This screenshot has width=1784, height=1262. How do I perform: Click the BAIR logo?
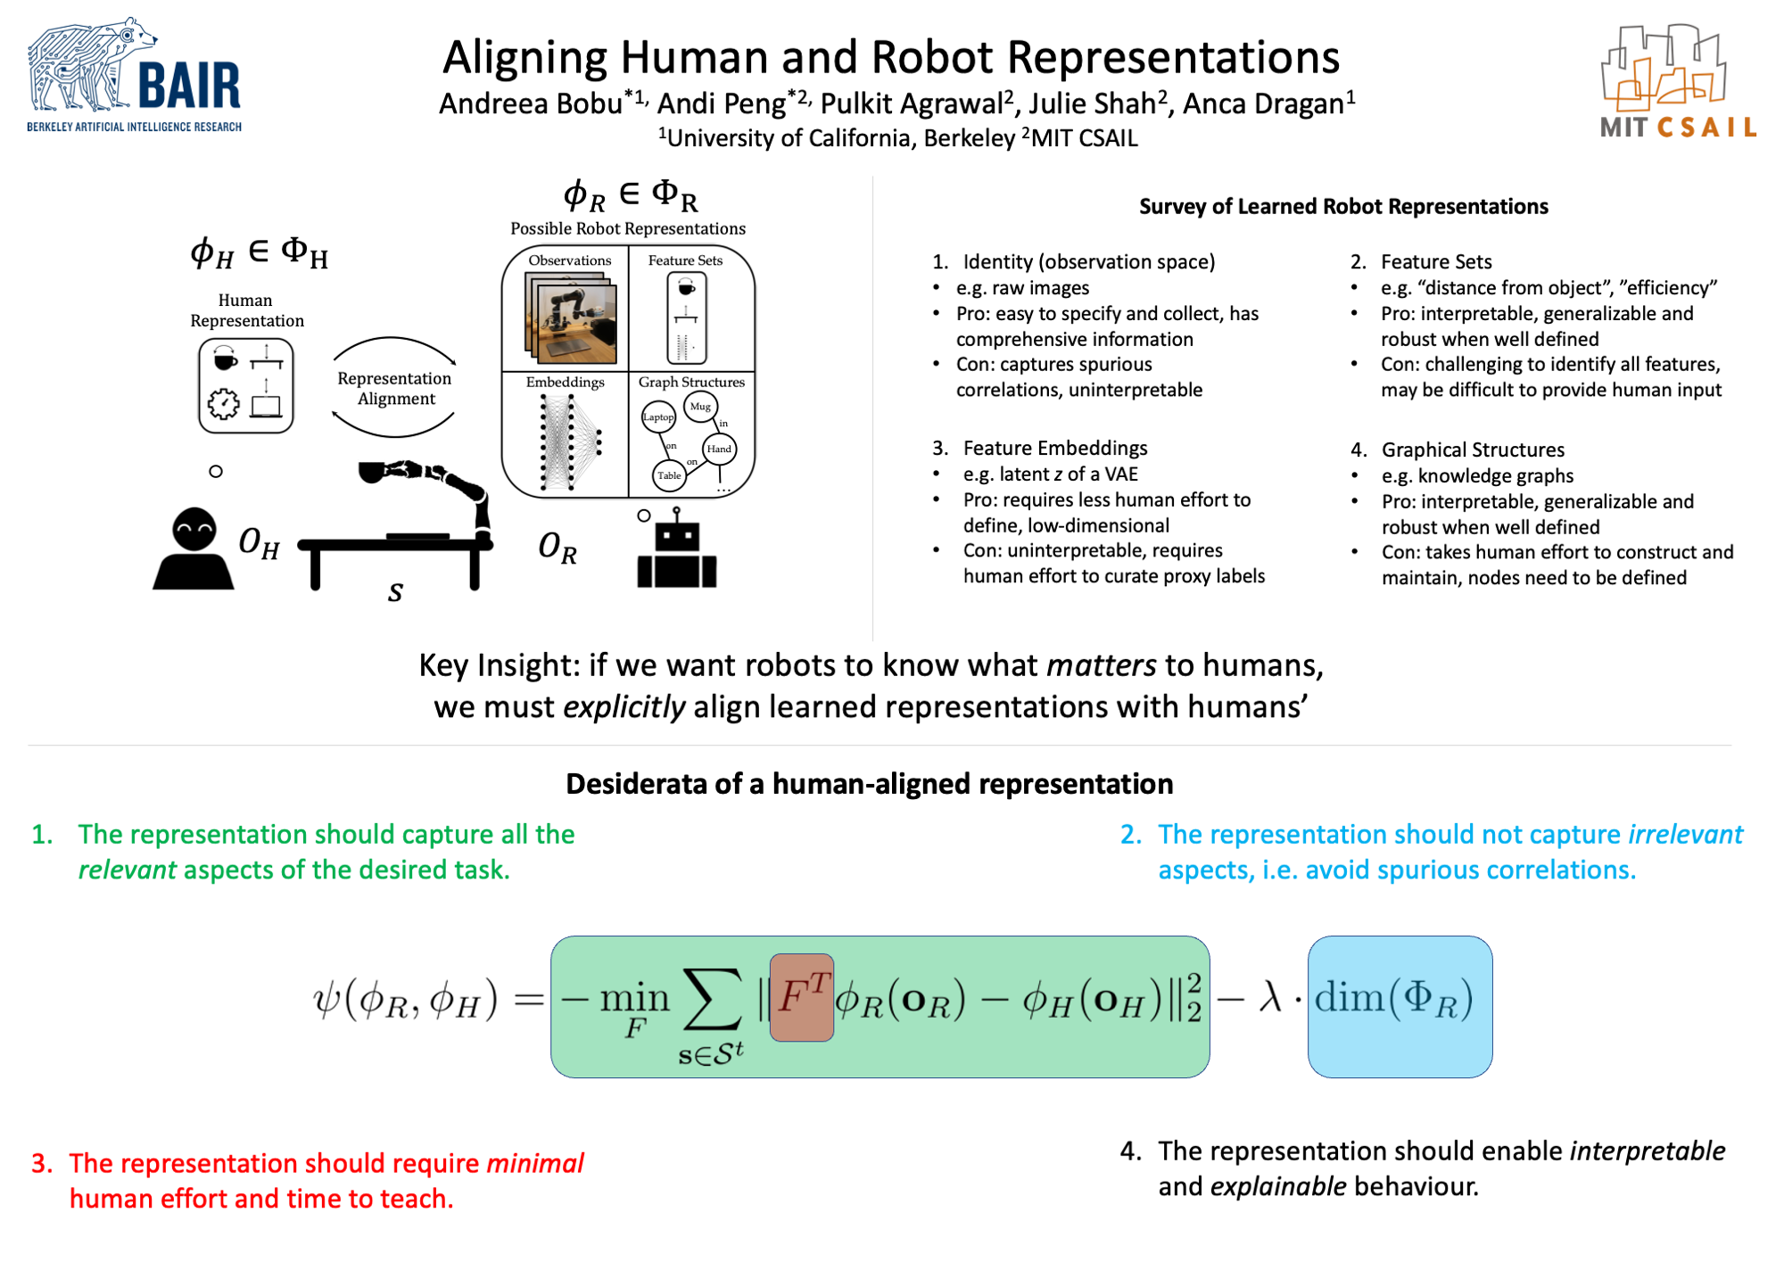134,77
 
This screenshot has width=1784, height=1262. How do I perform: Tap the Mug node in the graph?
700,407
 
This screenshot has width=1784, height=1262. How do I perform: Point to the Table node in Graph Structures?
669,475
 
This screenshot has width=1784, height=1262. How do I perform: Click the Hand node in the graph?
719,449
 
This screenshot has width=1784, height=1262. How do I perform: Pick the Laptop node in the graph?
658,417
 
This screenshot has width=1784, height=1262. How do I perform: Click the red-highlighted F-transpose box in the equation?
801,997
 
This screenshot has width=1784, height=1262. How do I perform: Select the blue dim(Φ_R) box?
1399,1005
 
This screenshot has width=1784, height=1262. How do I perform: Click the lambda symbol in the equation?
1270,997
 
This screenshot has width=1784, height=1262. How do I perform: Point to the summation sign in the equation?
712,999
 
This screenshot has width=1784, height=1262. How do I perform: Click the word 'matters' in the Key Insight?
1101,666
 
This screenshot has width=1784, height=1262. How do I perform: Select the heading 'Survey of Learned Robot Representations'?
1342,207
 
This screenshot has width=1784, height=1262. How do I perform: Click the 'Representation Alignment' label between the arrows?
394,389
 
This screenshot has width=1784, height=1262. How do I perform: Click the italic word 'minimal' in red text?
534,1164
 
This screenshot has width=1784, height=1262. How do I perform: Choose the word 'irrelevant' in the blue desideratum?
1685,835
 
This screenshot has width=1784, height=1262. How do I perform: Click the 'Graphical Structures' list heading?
1473,450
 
